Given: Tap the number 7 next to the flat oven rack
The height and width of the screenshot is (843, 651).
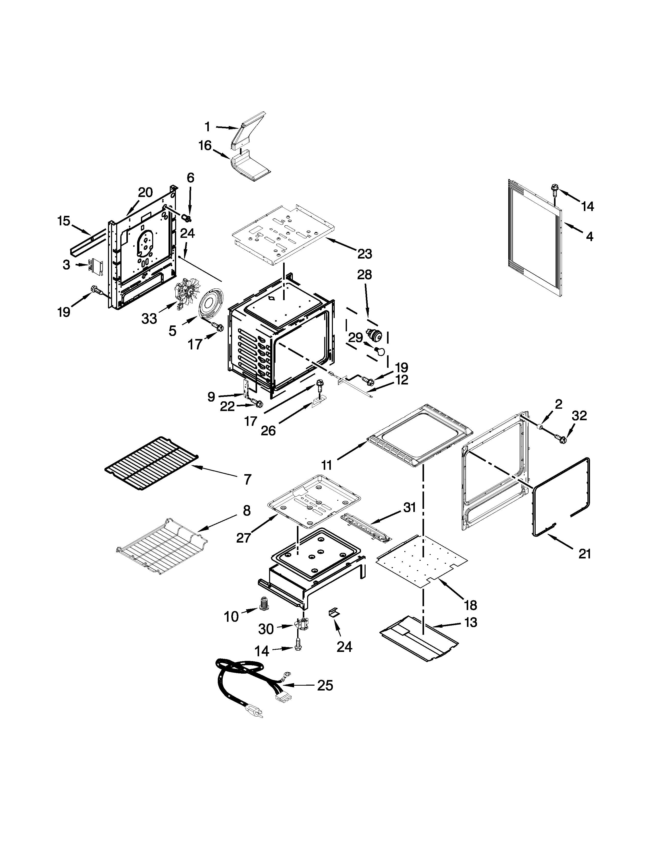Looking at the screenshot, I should [x=247, y=479].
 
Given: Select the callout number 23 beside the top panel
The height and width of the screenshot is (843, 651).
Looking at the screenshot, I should [x=365, y=254].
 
